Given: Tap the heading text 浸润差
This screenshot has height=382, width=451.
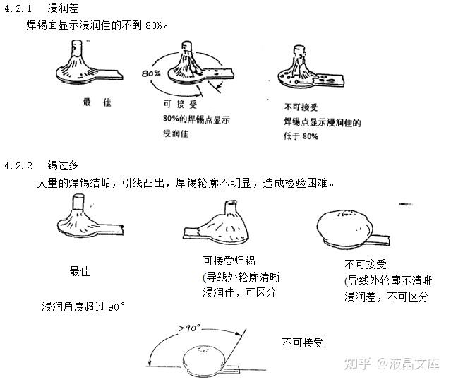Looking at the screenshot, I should point(63,8).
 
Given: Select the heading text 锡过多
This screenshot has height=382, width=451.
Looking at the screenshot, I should point(63,167).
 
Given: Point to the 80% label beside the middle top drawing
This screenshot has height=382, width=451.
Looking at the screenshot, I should point(150,73).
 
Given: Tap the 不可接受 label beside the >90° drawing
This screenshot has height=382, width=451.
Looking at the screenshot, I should point(303,342).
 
